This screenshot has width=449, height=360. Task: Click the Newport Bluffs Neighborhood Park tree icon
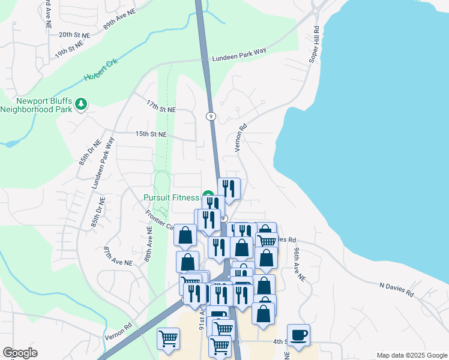point(80,105)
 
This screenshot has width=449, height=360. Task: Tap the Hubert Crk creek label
point(101,70)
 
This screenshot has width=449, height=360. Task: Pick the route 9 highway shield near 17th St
point(211,116)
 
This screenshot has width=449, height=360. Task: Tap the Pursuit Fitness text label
point(171,197)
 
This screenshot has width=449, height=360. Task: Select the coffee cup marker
point(298,334)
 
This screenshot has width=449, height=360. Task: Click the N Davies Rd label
point(397,290)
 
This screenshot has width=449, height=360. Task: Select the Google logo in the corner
point(20,353)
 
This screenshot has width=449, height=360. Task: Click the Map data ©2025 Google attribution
point(411,355)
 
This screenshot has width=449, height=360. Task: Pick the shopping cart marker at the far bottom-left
point(168,338)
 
